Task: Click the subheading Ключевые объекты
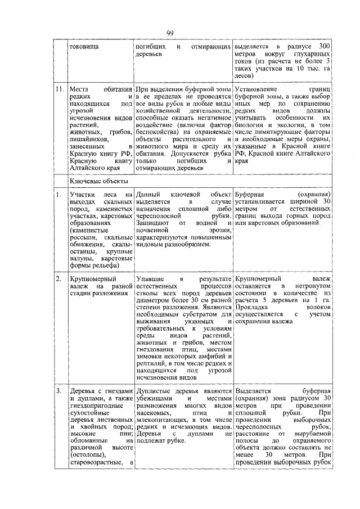(x=98, y=181)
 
